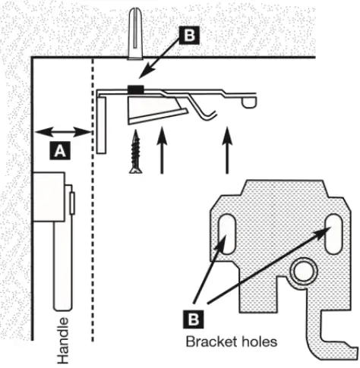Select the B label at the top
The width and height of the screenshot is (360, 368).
(x=186, y=35)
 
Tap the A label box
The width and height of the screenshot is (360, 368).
(x=60, y=151)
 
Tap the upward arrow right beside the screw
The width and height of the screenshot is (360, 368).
(x=161, y=152)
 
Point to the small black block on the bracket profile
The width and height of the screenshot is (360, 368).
(x=136, y=90)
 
